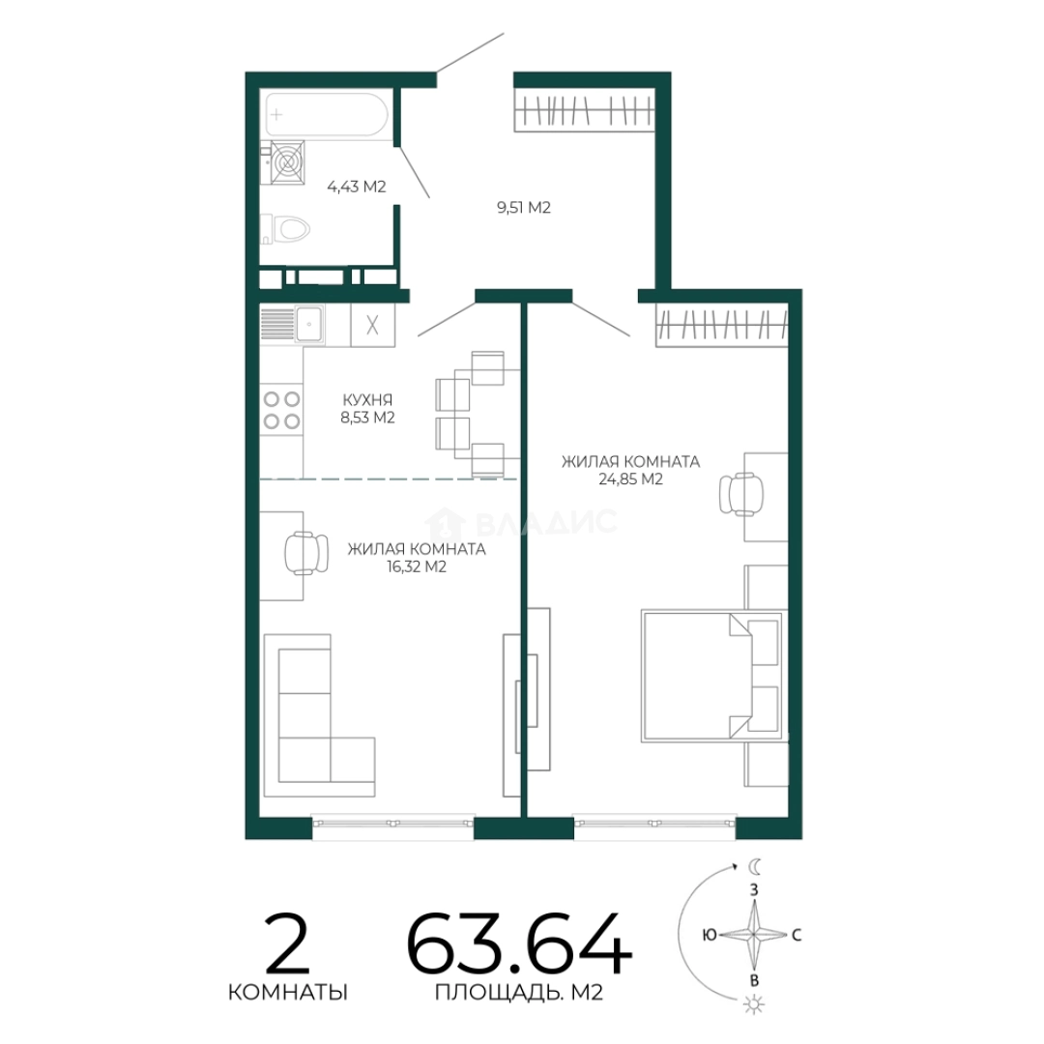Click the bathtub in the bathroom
click(327, 114)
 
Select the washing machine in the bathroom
click(287, 162)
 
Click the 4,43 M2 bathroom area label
click(356, 187)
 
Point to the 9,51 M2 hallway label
click(523, 208)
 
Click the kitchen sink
click(309, 324)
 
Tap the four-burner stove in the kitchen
click(281, 410)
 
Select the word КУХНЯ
click(367, 400)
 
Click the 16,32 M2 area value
click(417, 567)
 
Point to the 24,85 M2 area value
click(630, 479)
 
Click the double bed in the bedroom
click(711, 677)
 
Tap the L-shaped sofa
click(319, 715)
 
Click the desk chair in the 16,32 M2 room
click(306, 553)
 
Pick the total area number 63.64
click(519, 944)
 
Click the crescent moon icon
click(754, 866)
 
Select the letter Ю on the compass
click(710, 935)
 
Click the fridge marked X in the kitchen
click(372, 325)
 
